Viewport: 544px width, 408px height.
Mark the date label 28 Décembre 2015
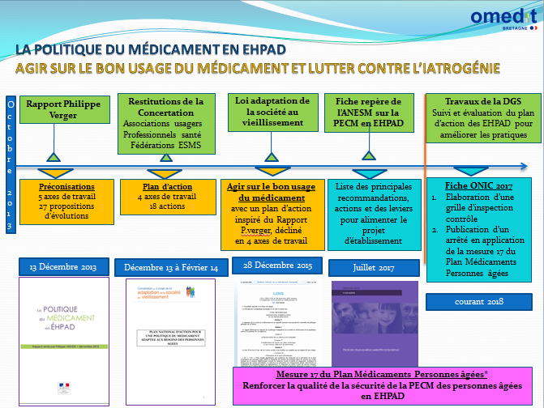pyautogui.click(x=275, y=265)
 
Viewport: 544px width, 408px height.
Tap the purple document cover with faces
pyautogui.click(x=375, y=320)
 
